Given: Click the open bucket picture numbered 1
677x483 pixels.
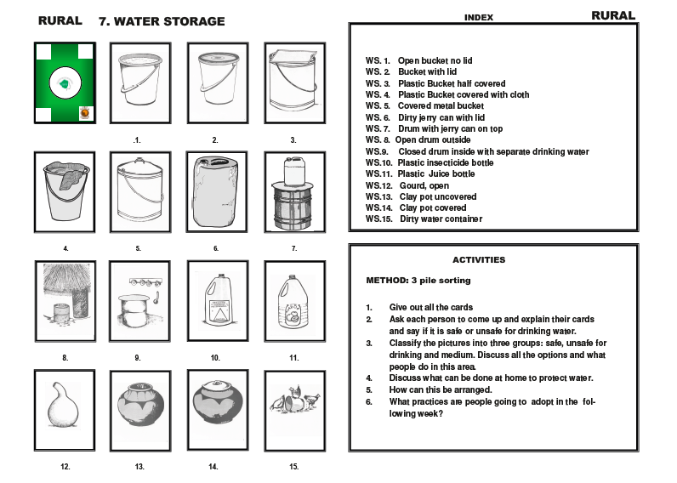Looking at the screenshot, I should [138, 83].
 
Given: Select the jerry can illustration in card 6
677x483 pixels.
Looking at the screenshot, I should [215, 192].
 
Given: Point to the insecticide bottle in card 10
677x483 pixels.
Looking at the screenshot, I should [216, 301].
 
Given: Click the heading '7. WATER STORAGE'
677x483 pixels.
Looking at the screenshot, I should [162, 21].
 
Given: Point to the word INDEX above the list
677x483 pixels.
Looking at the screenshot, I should [479, 17].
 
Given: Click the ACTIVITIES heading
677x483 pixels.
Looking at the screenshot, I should [478, 260].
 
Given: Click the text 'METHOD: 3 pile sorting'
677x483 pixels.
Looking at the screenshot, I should [418, 280].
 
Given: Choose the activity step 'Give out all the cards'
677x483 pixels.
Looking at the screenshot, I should [430, 307].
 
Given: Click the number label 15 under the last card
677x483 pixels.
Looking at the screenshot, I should [293, 466].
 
